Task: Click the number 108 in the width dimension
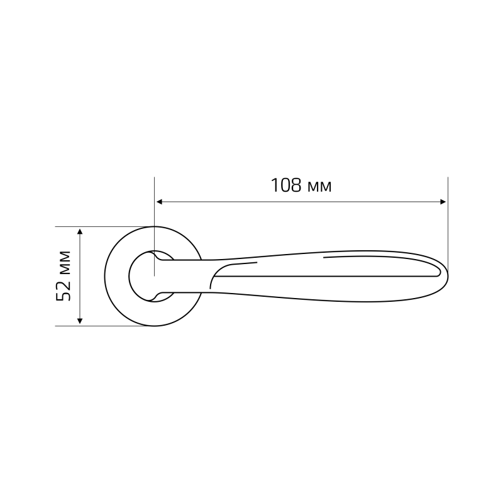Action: pyautogui.click(x=286, y=185)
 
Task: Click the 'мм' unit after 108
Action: pyautogui.click(x=319, y=187)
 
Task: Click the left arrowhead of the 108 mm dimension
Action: pyautogui.click(x=159, y=202)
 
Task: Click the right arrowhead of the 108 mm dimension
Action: pyautogui.click(x=443, y=202)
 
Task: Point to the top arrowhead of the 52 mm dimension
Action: pyautogui.click(x=80, y=231)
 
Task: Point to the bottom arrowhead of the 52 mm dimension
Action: pyautogui.click(x=80, y=321)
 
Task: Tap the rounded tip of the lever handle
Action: pyautogui.click(x=448, y=276)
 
